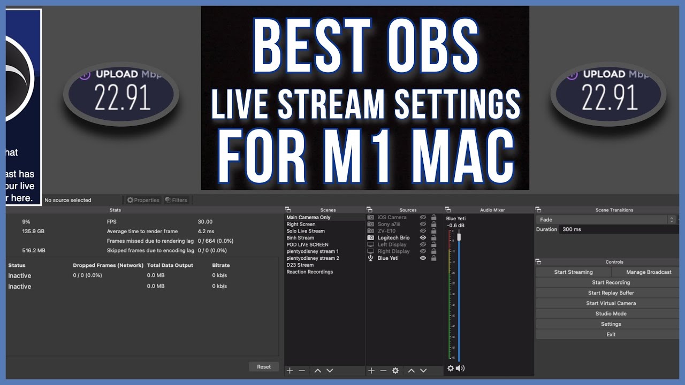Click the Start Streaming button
[x=573, y=272]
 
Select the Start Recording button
[x=611, y=282]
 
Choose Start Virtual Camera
[x=611, y=303]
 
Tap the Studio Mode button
[x=611, y=314]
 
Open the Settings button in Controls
[x=611, y=324]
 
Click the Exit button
[x=611, y=335]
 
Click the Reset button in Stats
[x=264, y=367]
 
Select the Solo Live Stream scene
[x=306, y=231]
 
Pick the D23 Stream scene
[x=300, y=265]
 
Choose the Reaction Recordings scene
[x=310, y=272]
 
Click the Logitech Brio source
[x=393, y=238]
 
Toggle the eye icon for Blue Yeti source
[x=423, y=258]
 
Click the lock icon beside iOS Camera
[x=433, y=218]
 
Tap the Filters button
[x=176, y=201]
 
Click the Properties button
[x=143, y=201]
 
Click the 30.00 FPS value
[x=205, y=222]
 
